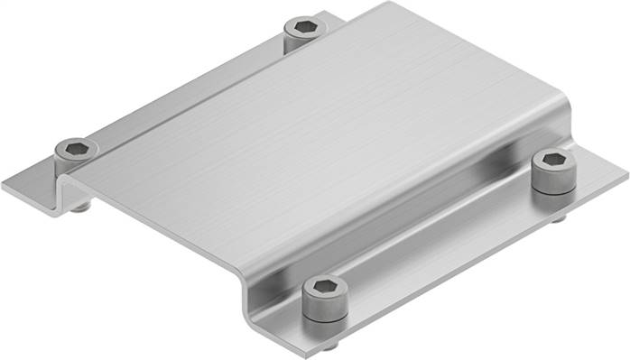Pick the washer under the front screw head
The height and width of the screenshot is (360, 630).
click(324, 313)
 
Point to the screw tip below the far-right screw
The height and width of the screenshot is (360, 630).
click(560, 217)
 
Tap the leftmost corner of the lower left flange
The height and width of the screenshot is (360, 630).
click(4, 188)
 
